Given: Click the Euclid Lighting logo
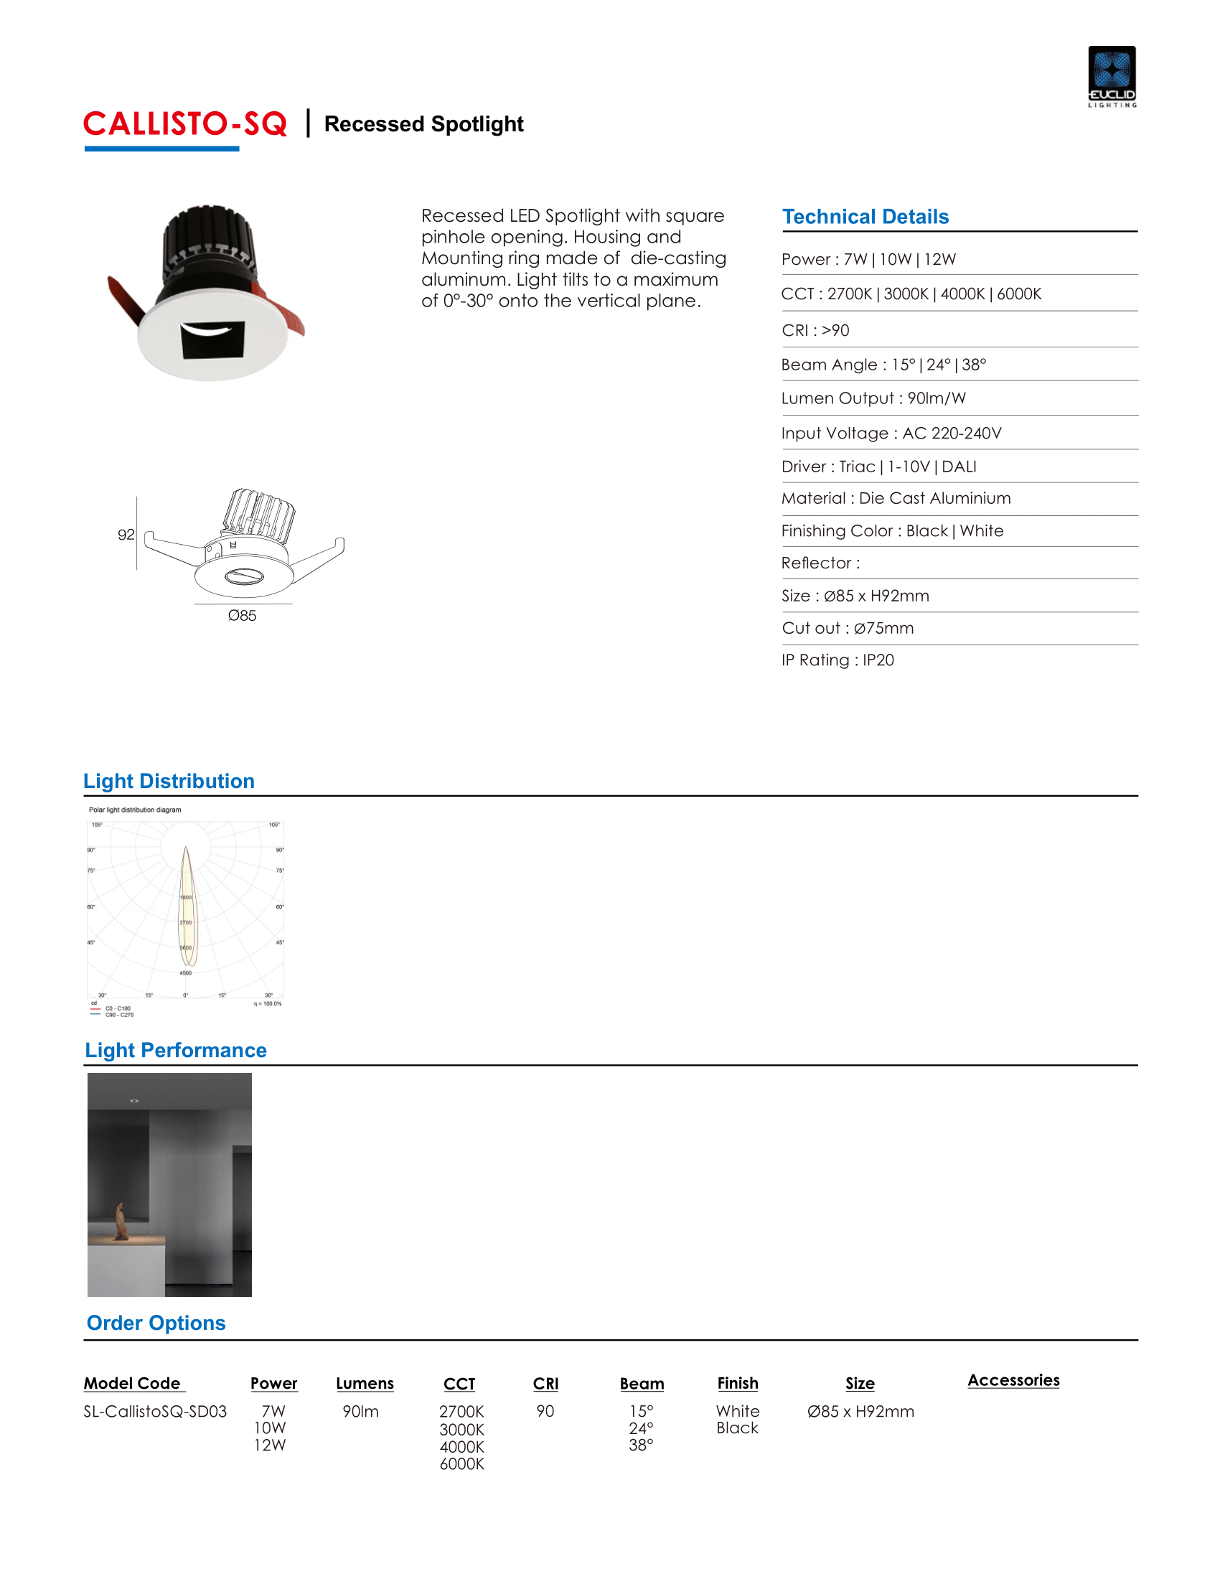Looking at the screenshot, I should (x=1112, y=76).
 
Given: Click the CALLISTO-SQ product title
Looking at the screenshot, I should (x=185, y=124).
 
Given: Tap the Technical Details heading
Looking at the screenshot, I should (x=865, y=217).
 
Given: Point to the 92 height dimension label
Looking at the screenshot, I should (x=126, y=534).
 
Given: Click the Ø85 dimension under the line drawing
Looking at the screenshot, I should (x=242, y=615).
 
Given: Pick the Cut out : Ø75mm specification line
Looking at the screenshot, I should (x=847, y=628).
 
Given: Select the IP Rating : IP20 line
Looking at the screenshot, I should (x=837, y=660).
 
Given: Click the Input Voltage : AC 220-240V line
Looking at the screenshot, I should (x=891, y=433).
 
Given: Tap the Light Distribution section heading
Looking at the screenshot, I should (x=169, y=781).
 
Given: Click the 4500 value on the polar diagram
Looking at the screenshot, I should (x=186, y=973).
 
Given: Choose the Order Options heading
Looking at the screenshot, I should (x=156, y=1323).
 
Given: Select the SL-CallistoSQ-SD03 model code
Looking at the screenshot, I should (x=155, y=1411).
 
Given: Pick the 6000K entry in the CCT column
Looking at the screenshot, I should (x=462, y=1464).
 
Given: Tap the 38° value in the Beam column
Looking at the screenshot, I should (x=641, y=1446).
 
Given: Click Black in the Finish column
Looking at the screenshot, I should (x=737, y=1428).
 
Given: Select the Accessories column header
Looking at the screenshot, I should (x=1013, y=1380).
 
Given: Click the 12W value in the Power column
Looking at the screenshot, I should (x=270, y=1446).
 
